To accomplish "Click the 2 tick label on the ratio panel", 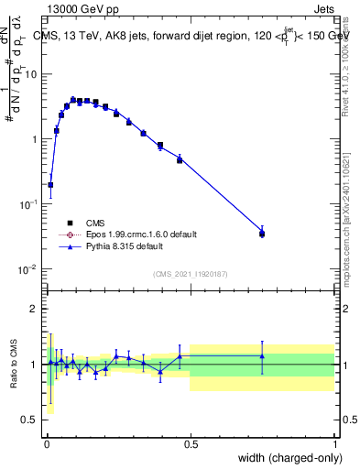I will (36, 309).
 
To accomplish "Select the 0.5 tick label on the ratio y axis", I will (32, 420).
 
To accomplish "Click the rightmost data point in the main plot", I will (262, 234).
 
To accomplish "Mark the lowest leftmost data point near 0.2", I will (50, 184).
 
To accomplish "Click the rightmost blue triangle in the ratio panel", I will (262, 356).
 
